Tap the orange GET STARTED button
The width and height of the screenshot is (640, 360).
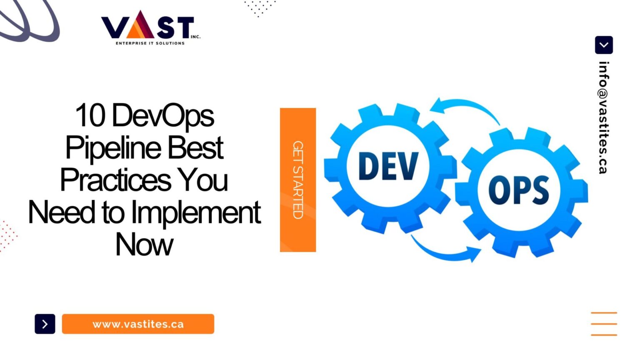[x=297, y=180]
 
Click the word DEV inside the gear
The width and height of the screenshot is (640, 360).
[x=388, y=166]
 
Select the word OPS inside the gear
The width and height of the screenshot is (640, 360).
[x=518, y=190]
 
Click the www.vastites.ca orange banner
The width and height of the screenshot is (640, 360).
[x=138, y=324]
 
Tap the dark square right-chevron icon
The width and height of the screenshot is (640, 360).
[x=45, y=324]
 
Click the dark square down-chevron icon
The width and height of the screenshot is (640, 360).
[x=604, y=45]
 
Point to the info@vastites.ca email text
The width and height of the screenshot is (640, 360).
[x=603, y=117]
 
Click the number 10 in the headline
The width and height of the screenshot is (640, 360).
[x=90, y=115]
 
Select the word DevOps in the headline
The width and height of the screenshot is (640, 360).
[x=163, y=116]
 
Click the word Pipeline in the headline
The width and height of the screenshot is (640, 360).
[x=113, y=148]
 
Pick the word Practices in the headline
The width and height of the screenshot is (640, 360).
[x=116, y=180]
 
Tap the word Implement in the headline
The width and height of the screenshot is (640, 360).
[x=196, y=212]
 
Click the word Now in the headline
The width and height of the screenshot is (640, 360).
[x=144, y=245]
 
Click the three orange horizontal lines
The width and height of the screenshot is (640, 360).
[x=604, y=324]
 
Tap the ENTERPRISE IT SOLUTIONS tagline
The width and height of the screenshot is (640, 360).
[x=150, y=43]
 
